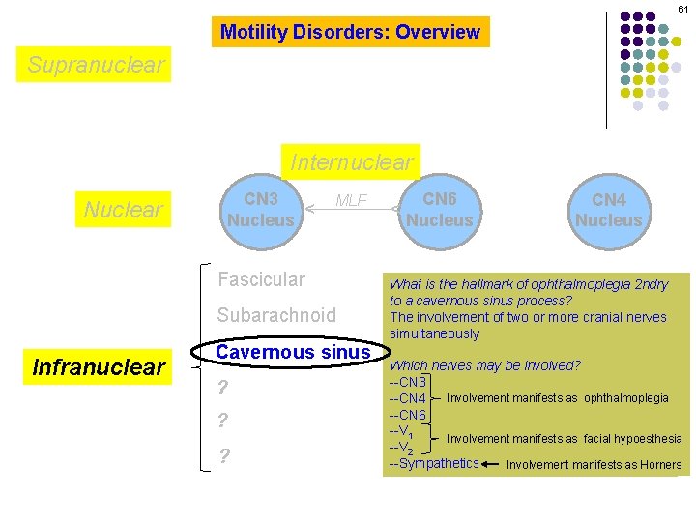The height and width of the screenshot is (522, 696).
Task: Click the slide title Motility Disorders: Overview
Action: tap(350, 32)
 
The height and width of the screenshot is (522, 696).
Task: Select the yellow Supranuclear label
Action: tap(97, 66)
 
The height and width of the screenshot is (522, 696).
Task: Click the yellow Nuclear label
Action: tap(124, 210)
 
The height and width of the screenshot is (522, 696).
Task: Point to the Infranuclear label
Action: tap(99, 367)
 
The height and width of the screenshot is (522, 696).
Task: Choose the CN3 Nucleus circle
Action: tap(260, 210)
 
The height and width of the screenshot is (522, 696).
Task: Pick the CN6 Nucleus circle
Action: tap(440, 210)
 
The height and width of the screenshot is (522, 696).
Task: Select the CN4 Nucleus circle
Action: tap(609, 210)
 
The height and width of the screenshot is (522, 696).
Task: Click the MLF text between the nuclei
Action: tap(351, 201)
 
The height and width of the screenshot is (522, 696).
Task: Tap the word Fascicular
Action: tap(261, 279)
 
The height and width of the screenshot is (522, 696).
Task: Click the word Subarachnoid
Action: tap(276, 315)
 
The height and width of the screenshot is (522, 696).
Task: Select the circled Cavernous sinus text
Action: tap(293, 353)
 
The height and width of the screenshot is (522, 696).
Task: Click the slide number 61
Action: tap(682, 9)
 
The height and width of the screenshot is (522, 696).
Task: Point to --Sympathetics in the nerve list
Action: tap(434, 464)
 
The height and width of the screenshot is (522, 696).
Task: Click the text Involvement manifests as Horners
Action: tap(594, 465)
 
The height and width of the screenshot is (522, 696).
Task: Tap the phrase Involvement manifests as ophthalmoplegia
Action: tap(557, 398)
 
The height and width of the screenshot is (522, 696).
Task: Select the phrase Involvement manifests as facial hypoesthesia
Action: tap(564, 439)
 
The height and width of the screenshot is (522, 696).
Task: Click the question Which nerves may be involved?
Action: tap(484, 365)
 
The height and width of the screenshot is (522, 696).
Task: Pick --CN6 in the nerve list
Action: tap(407, 415)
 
